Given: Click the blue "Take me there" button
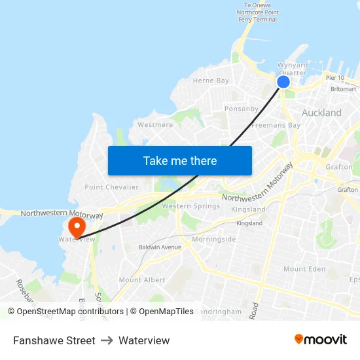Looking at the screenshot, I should click(x=180, y=160).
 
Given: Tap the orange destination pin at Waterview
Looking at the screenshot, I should click(x=77, y=227).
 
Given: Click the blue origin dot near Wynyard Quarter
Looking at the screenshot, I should click(x=283, y=82).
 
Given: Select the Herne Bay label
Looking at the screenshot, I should click(x=211, y=81).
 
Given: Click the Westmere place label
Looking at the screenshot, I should click(x=155, y=124).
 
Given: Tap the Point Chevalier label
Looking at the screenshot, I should click(x=112, y=187).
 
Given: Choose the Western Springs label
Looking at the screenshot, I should click(x=190, y=206).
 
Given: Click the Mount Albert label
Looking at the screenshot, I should click(x=142, y=280).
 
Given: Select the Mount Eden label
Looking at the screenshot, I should click(x=304, y=269).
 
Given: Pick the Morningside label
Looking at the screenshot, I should click(x=214, y=240).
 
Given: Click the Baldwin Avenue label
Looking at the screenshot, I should click(x=160, y=247).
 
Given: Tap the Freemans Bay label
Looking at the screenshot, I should click(x=276, y=125).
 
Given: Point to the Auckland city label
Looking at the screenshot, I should click(x=321, y=113).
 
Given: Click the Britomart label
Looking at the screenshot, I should click(x=344, y=89).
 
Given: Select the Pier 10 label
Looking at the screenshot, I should click(x=334, y=78).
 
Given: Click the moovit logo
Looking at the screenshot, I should click(x=321, y=340).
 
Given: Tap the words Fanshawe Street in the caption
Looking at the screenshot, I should click(x=54, y=340).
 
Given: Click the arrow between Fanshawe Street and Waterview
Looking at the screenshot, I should click(x=107, y=340).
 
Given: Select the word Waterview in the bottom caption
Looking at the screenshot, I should click(x=144, y=340).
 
